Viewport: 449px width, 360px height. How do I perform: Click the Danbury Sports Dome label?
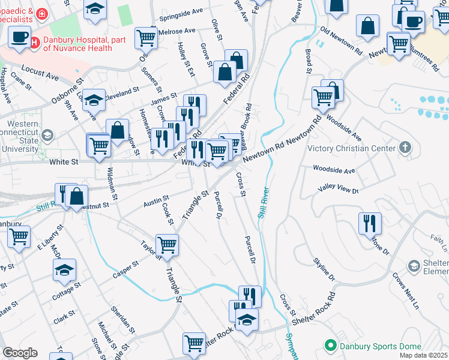[x=369, y=346]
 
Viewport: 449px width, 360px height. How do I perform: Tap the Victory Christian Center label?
[x=351, y=148]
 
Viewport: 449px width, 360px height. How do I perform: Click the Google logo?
[x=20, y=353]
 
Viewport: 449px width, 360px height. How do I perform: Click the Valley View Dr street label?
[x=338, y=190]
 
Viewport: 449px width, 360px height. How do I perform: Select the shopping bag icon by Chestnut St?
[x=77, y=195]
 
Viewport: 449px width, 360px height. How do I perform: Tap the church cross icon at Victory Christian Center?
[x=405, y=148]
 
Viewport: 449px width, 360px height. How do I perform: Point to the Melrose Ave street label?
[x=177, y=31]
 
